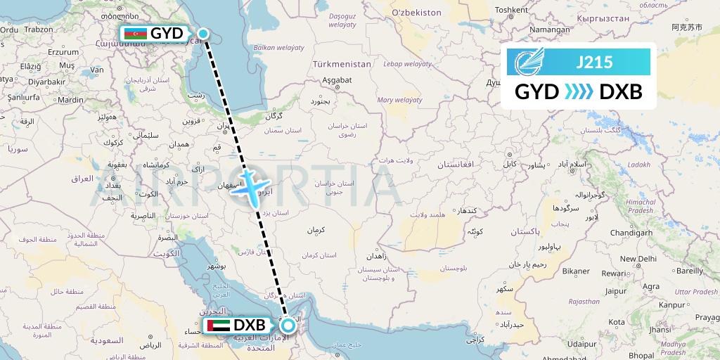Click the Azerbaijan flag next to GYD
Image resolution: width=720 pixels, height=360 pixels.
point(135,34)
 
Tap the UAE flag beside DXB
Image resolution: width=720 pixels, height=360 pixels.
point(217,326)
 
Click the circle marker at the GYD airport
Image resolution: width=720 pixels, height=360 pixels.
point(203,33)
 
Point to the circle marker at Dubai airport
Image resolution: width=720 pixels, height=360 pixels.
point(288,326)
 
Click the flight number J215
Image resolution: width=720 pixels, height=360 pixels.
point(594,62)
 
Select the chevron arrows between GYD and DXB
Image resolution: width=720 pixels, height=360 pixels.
point(579,92)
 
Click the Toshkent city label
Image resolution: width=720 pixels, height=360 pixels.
point(511,10)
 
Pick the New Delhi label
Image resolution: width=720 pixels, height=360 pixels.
point(638,259)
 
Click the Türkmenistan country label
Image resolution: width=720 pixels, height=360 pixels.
point(342,64)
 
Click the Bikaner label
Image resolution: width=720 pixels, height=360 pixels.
point(575,271)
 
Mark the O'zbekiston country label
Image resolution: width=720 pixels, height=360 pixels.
point(416,13)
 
